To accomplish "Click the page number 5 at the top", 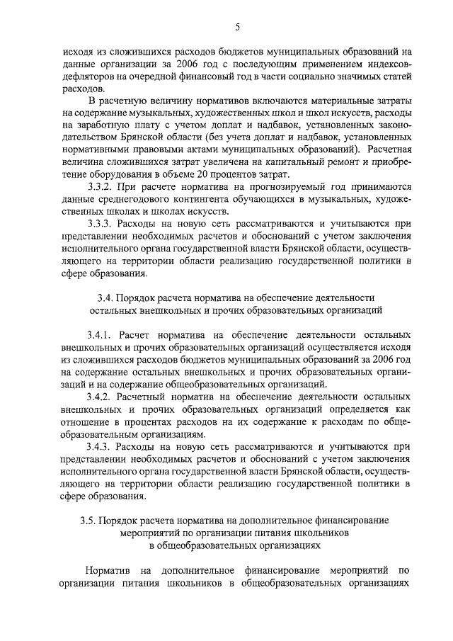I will click(238, 27).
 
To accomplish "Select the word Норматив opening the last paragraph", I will click(108, 570).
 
